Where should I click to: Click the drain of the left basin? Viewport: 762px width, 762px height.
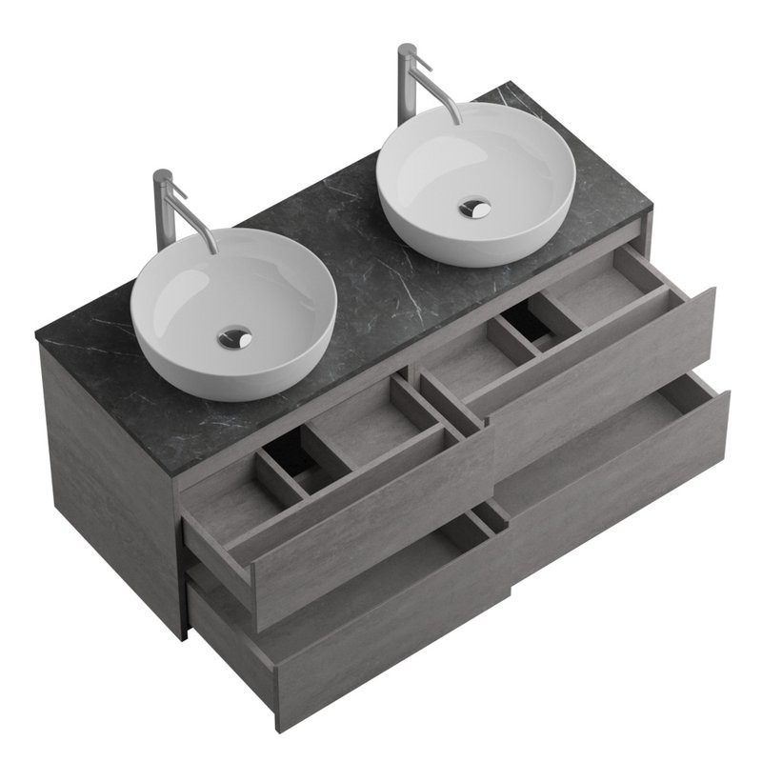click(x=234, y=336)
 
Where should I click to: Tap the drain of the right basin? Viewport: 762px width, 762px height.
click(x=473, y=208)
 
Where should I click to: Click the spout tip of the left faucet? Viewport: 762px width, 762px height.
click(x=211, y=250)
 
